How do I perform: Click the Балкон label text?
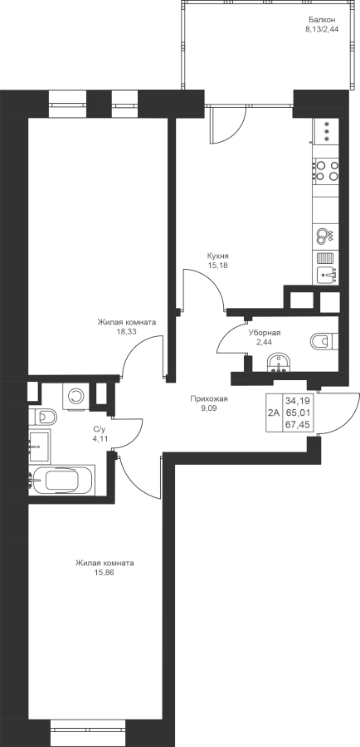pyautogui.click(x=322, y=20)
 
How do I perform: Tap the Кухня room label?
pyautogui.click(x=217, y=256)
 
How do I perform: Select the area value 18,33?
pyautogui.click(x=126, y=331)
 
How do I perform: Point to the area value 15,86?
pyautogui.click(x=105, y=572)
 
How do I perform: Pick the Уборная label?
pyautogui.click(x=265, y=333)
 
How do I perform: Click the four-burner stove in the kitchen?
pyautogui.click(x=327, y=170)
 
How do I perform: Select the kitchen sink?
pyautogui.click(x=326, y=274)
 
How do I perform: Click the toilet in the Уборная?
pyautogui.click(x=324, y=342)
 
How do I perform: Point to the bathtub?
pyautogui.click(x=62, y=479)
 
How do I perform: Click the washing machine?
pyautogui.click(x=75, y=395)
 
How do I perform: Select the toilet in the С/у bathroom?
pyautogui.click(x=42, y=417)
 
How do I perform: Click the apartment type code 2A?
pyautogui.click(x=274, y=413)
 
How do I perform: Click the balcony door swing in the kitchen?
pyautogui.click(x=227, y=124)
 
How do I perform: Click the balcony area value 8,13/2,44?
pyautogui.click(x=322, y=28)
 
